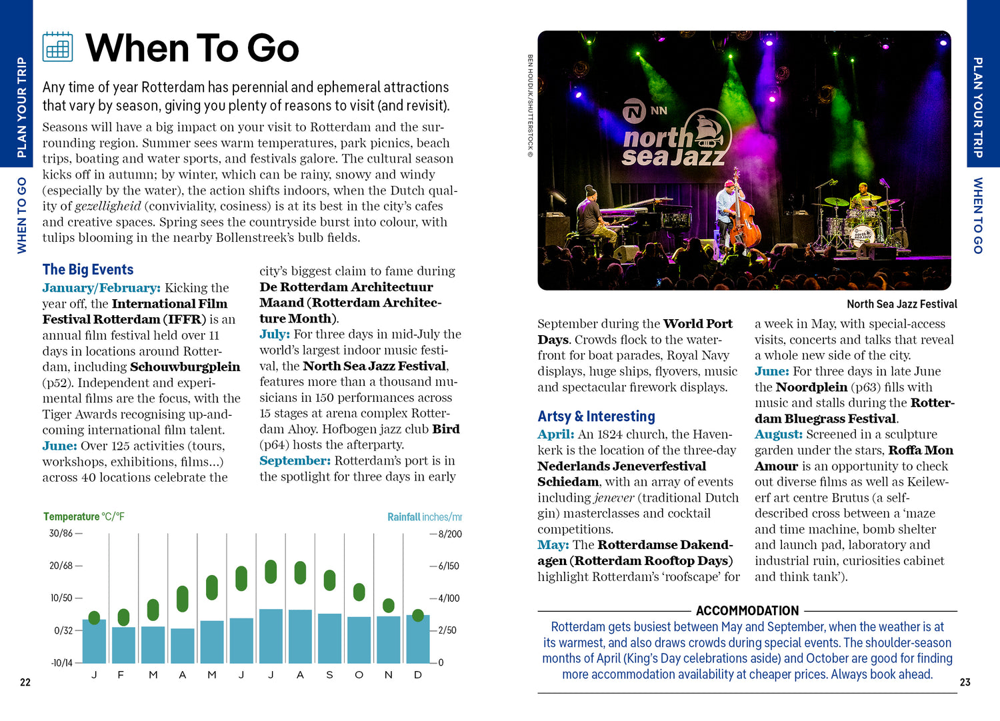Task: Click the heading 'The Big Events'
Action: click(88, 269)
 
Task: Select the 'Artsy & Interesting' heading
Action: click(596, 416)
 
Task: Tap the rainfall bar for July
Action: click(271, 636)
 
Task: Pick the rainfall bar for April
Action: click(183, 645)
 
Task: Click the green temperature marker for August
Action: click(300, 572)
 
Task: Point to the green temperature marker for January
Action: click(94, 618)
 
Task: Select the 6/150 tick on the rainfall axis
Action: click(449, 566)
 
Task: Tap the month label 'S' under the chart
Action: click(329, 675)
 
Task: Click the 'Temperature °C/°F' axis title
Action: click(84, 516)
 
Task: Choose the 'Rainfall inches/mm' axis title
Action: click(424, 517)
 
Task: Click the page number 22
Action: click(25, 682)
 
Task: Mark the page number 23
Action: click(965, 682)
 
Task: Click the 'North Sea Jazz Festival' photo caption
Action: click(901, 304)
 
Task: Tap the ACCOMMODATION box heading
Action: click(747, 610)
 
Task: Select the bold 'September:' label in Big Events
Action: click(295, 460)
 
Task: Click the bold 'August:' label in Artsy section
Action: click(778, 434)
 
